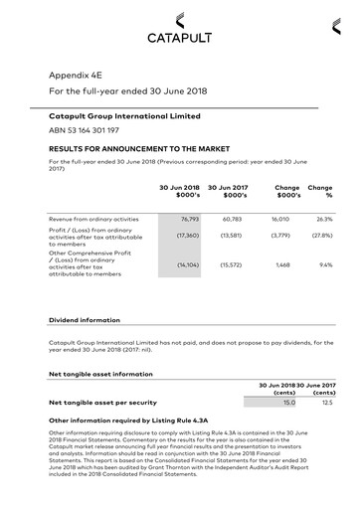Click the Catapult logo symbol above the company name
point(179,19)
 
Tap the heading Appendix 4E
point(76,75)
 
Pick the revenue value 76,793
point(190,218)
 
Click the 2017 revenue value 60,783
point(231,218)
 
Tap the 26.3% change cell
point(324,218)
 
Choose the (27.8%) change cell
point(321,236)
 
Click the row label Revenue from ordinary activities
point(93,218)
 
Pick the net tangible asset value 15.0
point(289,403)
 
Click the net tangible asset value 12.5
point(327,403)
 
